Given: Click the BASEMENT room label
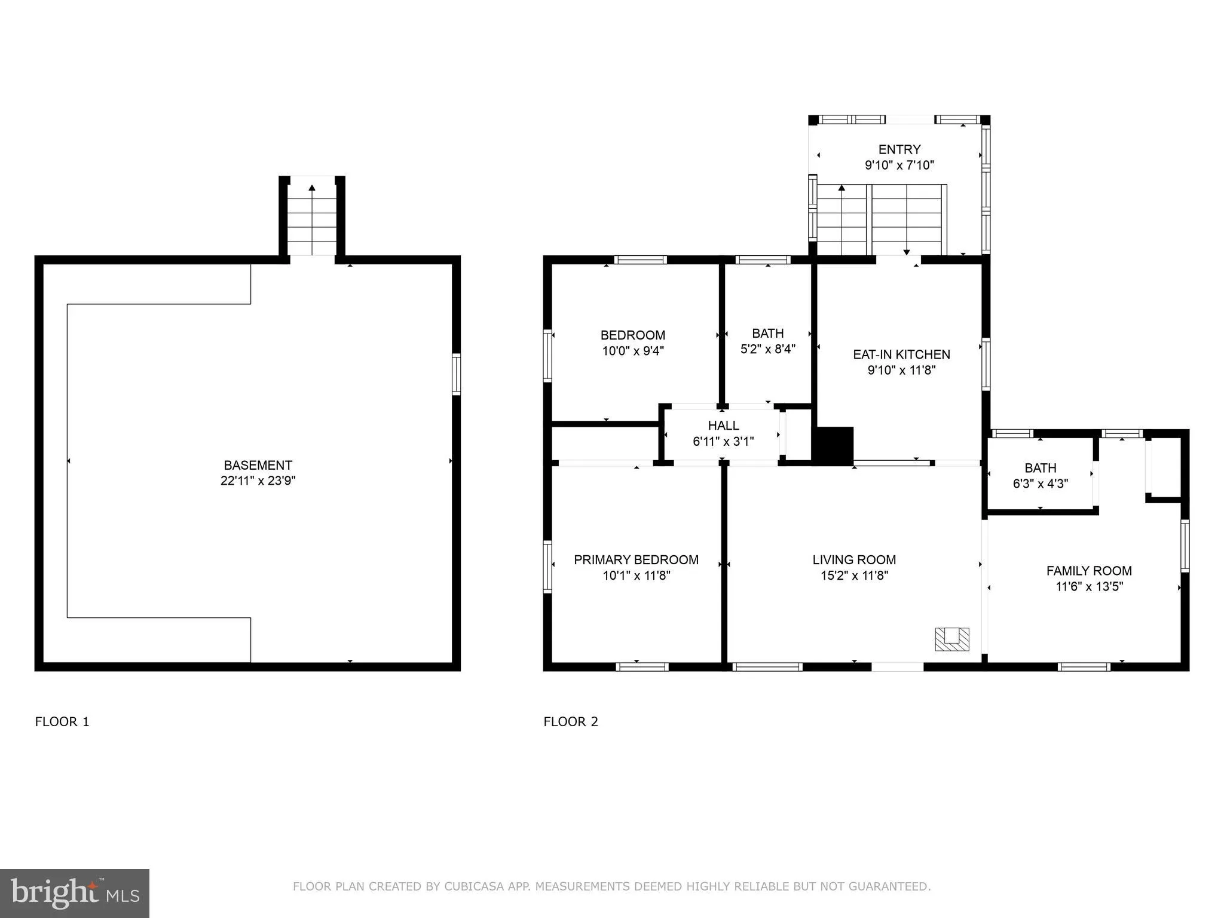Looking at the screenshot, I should click(x=258, y=465).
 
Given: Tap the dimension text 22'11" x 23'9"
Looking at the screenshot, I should click(x=258, y=481).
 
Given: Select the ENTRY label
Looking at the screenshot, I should click(x=899, y=149).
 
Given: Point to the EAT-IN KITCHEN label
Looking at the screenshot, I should click(x=901, y=354).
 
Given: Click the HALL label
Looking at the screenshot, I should click(x=723, y=426).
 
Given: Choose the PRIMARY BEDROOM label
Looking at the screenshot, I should click(x=636, y=560).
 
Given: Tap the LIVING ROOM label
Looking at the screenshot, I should click(x=854, y=560).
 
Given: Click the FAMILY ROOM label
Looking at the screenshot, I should click(x=1089, y=571).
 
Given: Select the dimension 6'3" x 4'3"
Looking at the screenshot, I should click(x=1040, y=484).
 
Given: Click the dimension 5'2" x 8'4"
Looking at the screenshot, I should click(x=768, y=349).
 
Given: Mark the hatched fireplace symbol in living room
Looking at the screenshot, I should click(x=952, y=639).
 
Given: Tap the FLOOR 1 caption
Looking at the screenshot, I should click(x=62, y=721).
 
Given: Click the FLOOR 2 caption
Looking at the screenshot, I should click(x=571, y=721).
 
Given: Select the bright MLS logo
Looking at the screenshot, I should click(x=75, y=893).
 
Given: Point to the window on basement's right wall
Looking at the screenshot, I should click(x=456, y=374).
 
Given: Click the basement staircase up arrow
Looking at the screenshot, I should click(x=312, y=188).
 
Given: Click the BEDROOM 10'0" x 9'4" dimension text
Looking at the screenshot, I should click(x=633, y=351).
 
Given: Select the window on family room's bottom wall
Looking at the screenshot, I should click(x=1084, y=667).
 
